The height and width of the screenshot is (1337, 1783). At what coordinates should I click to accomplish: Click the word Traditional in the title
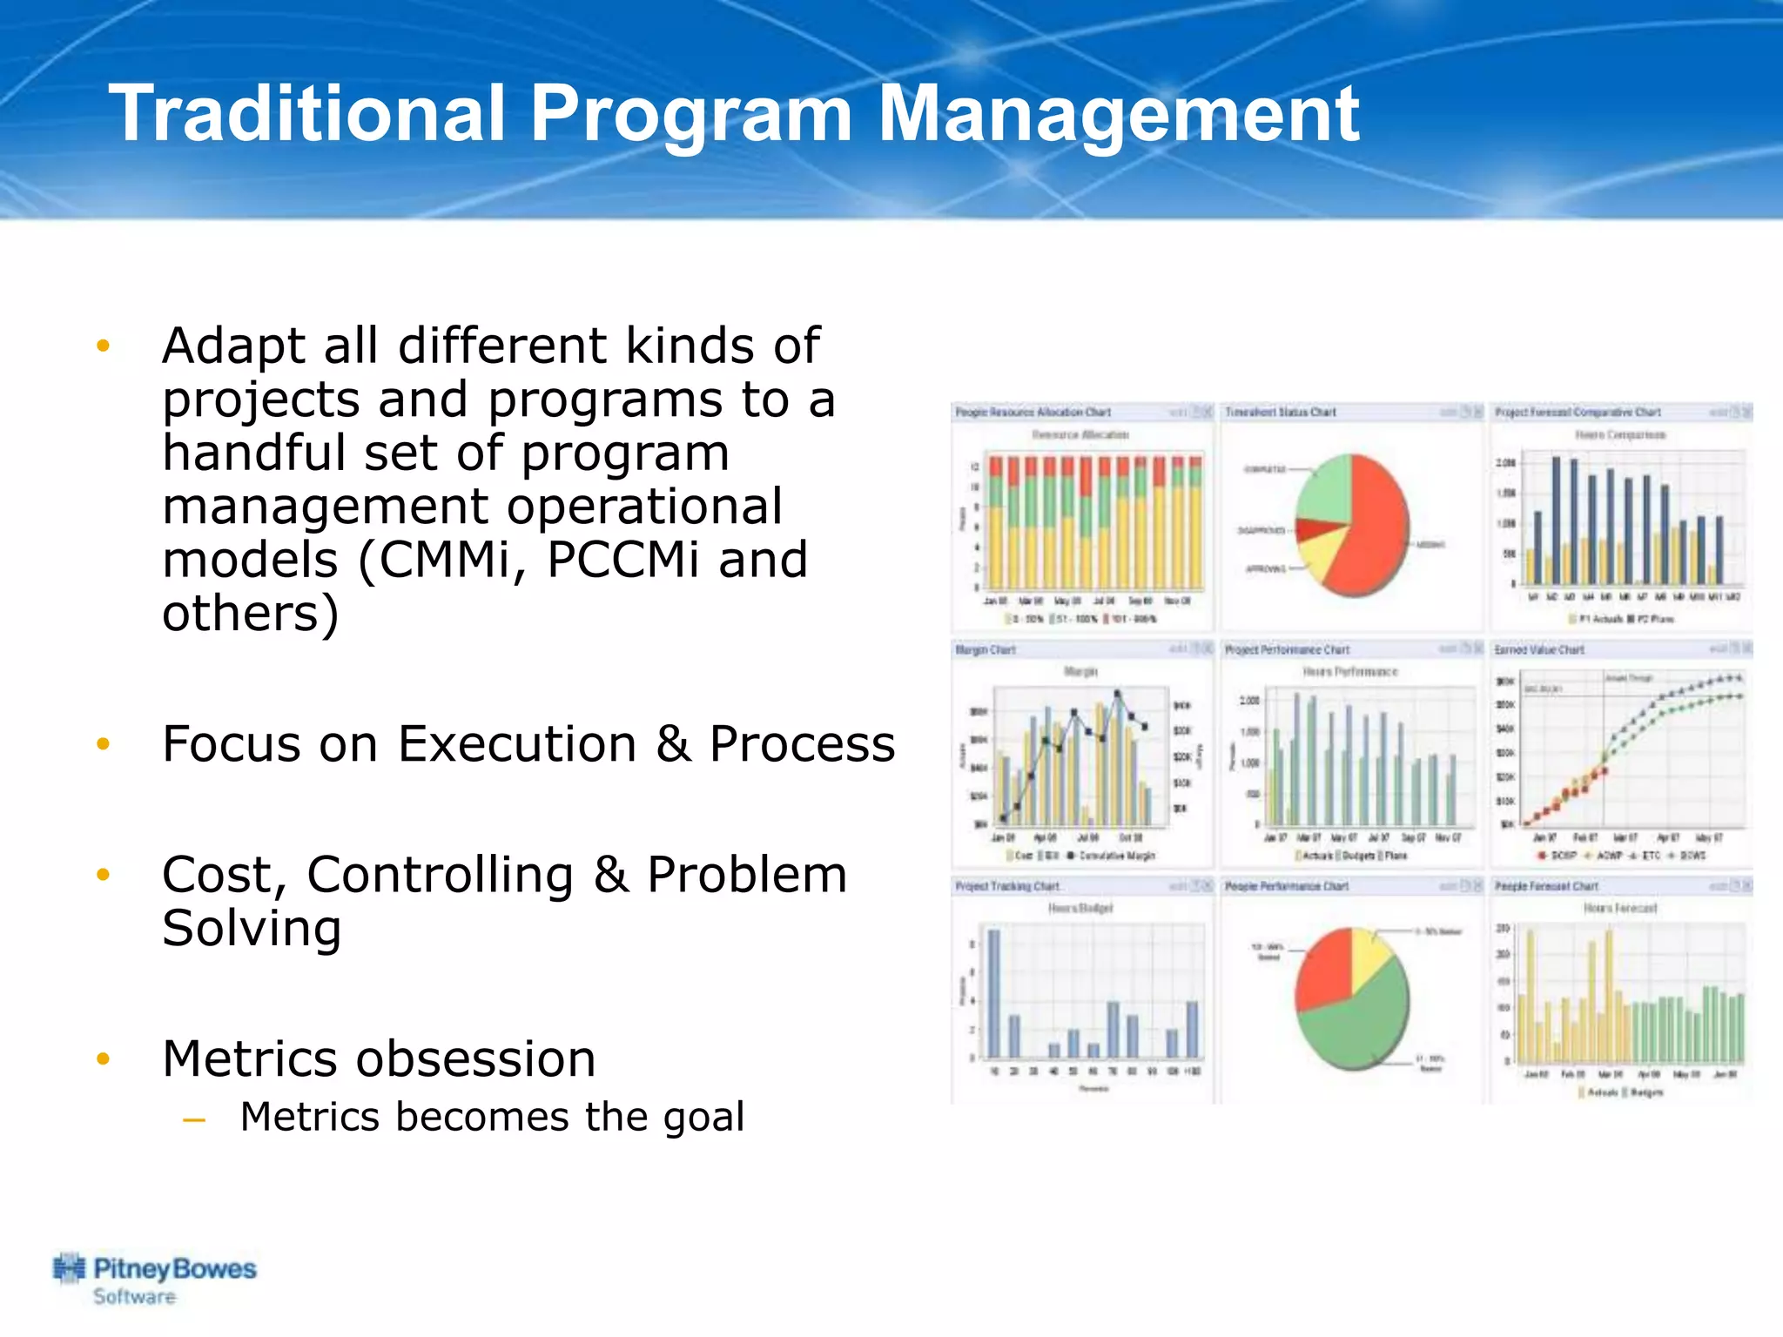(x=306, y=114)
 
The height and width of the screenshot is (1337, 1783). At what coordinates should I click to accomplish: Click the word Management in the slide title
(x=1118, y=114)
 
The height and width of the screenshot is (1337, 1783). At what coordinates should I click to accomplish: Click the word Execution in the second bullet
(x=517, y=744)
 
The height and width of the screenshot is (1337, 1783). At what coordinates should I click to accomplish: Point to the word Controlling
(x=440, y=875)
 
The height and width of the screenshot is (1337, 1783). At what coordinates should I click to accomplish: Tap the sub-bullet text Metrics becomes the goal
(x=492, y=1117)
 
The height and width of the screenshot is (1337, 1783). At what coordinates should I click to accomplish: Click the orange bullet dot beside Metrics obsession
(x=104, y=1059)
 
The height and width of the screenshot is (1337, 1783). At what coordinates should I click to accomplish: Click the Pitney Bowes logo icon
(x=70, y=1269)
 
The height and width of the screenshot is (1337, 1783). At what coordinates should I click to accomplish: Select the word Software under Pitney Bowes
(x=134, y=1297)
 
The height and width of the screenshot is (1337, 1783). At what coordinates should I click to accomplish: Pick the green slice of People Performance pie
(x=1358, y=1023)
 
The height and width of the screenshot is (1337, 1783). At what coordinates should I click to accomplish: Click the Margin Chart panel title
(x=986, y=649)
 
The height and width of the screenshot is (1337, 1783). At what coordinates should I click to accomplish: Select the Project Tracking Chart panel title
(x=1007, y=886)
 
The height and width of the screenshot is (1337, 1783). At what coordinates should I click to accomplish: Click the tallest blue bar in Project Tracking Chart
(x=993, y=992)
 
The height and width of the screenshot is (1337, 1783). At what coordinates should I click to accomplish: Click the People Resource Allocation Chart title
(x=1033, y=412)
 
